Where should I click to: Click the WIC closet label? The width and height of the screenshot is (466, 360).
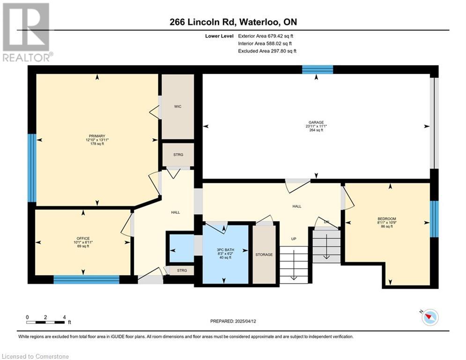178,106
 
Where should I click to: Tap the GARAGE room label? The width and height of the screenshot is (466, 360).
316,122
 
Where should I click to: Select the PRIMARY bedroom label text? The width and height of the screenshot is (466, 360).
97,136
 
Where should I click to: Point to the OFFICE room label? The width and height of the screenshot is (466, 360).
83,238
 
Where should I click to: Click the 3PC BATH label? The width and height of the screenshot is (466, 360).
225,250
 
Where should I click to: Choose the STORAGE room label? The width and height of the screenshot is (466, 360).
264,255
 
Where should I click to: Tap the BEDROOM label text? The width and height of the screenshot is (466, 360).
387,219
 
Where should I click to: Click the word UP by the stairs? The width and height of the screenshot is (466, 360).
294,239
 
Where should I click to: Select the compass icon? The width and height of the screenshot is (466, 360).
430,317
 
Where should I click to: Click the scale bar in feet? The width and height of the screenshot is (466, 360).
45,322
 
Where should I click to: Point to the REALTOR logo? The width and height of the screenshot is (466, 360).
27,32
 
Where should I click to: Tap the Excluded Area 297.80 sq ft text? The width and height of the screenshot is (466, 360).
267,51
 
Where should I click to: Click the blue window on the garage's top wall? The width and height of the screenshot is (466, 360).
318,70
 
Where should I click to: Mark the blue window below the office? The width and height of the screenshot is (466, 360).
87,280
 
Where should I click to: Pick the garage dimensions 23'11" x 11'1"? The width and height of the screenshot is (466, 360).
316,126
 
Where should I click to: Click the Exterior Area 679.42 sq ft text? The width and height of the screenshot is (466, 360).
266,36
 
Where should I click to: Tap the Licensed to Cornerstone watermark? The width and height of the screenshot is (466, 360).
35,356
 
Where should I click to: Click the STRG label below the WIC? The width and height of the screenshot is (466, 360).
178,155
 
